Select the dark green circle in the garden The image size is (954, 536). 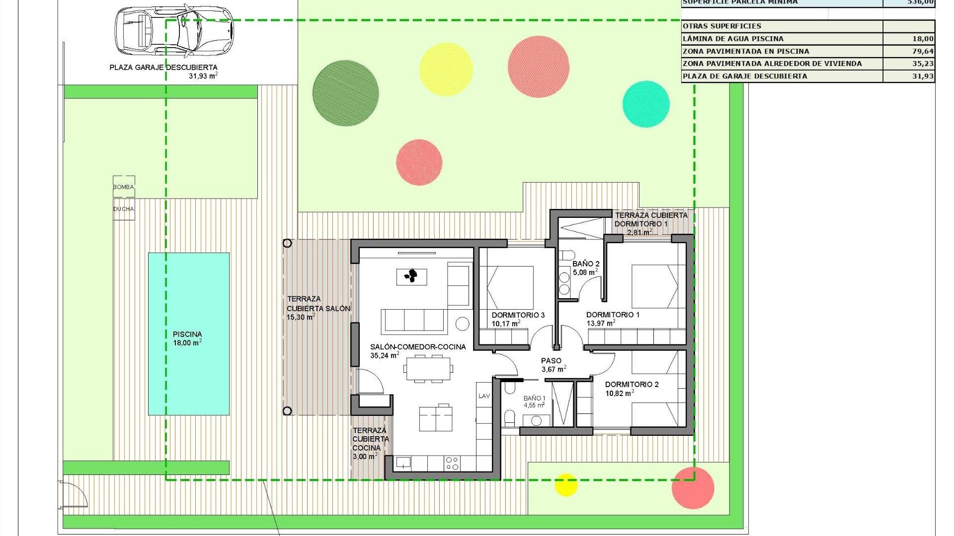[345, 93]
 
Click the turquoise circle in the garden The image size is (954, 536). [646, 104]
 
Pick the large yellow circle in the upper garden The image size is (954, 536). [446, 69]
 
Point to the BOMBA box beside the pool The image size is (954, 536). [124, 187]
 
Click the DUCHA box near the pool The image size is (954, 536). [124, 209]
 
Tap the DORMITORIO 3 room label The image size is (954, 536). [518, 315]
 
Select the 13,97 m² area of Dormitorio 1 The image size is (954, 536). [601, 323]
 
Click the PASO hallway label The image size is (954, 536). [551, 361]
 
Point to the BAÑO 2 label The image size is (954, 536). [586, 264]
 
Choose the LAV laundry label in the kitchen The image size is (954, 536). [484, 396]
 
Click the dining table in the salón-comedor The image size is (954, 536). [428, 369]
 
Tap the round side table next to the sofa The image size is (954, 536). [462, 324]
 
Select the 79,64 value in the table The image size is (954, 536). [923, 51]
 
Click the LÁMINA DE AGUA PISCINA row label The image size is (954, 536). [733, 39]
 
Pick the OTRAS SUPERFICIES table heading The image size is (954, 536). [721, 26]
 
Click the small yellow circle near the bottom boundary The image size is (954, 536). [565, 484]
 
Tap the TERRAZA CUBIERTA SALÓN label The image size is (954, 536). [318, 308]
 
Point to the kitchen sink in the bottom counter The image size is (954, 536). [403, 463]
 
